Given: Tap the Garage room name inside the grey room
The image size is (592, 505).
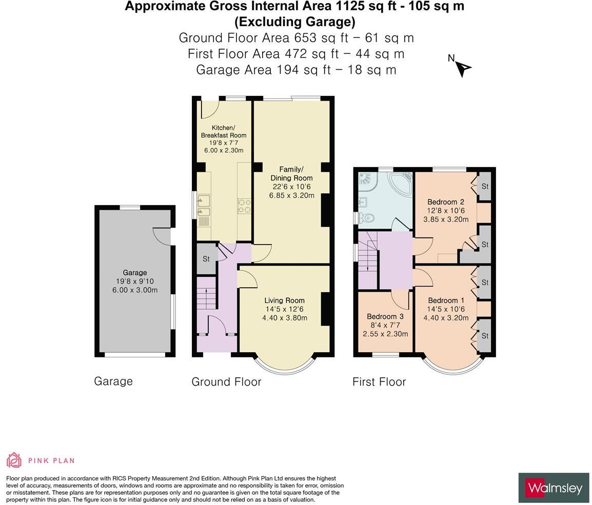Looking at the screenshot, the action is click(135, 273).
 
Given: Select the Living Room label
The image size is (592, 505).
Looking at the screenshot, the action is click(284, 300).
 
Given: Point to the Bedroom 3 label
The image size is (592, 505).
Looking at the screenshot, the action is click(385, 316).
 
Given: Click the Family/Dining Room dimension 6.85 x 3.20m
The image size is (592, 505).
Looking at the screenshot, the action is click(291, 195).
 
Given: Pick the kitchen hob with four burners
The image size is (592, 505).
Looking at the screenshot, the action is click(244, 206).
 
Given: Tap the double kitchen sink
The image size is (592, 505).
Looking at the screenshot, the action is click(204, 206).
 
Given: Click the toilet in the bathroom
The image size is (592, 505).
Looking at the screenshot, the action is click(366, 217).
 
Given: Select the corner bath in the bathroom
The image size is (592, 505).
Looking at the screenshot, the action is click(401, 184).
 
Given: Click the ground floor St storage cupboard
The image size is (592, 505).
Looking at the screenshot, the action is click(206, 258).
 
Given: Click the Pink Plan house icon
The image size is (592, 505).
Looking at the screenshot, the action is click(14, 460).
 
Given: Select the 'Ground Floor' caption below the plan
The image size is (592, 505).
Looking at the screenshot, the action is click(227, 381).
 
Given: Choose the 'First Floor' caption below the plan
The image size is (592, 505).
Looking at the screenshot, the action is click(379, 381).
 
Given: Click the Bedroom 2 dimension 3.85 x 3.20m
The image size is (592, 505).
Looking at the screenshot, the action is click(446, 219).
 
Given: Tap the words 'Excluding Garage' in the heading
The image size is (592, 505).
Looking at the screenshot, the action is click(295, 22).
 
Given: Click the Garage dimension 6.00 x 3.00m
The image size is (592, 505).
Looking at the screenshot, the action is click(135, 290).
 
